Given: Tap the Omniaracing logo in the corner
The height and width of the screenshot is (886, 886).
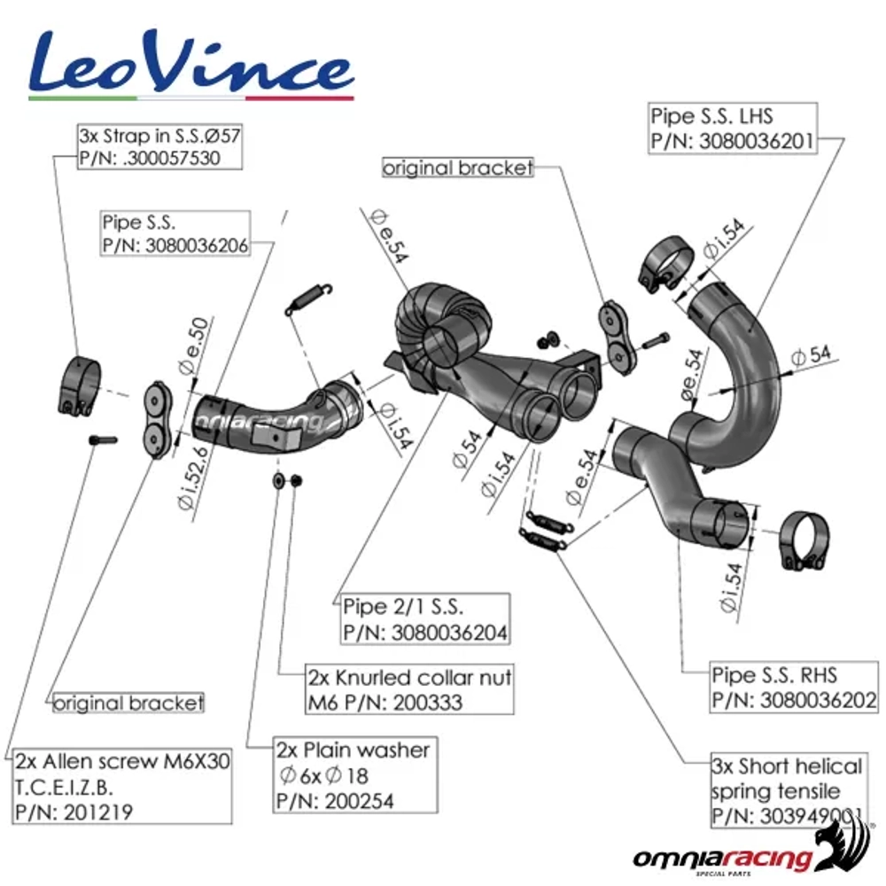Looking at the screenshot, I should click(x=749, y=855).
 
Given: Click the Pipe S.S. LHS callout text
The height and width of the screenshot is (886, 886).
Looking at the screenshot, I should click(x=711, y=116).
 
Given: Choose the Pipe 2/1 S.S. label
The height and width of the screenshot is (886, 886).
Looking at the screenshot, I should click(x=404, y=607).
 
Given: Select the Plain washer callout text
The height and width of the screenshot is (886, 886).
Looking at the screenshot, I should click(x=354, y=750).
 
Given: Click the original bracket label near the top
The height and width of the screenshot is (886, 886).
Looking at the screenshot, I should click(x=458, y=167).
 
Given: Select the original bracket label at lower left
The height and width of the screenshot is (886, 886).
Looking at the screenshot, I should click(x=128, y=703).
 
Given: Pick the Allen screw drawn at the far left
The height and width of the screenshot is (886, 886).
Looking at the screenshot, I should click(x=103, y=439).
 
